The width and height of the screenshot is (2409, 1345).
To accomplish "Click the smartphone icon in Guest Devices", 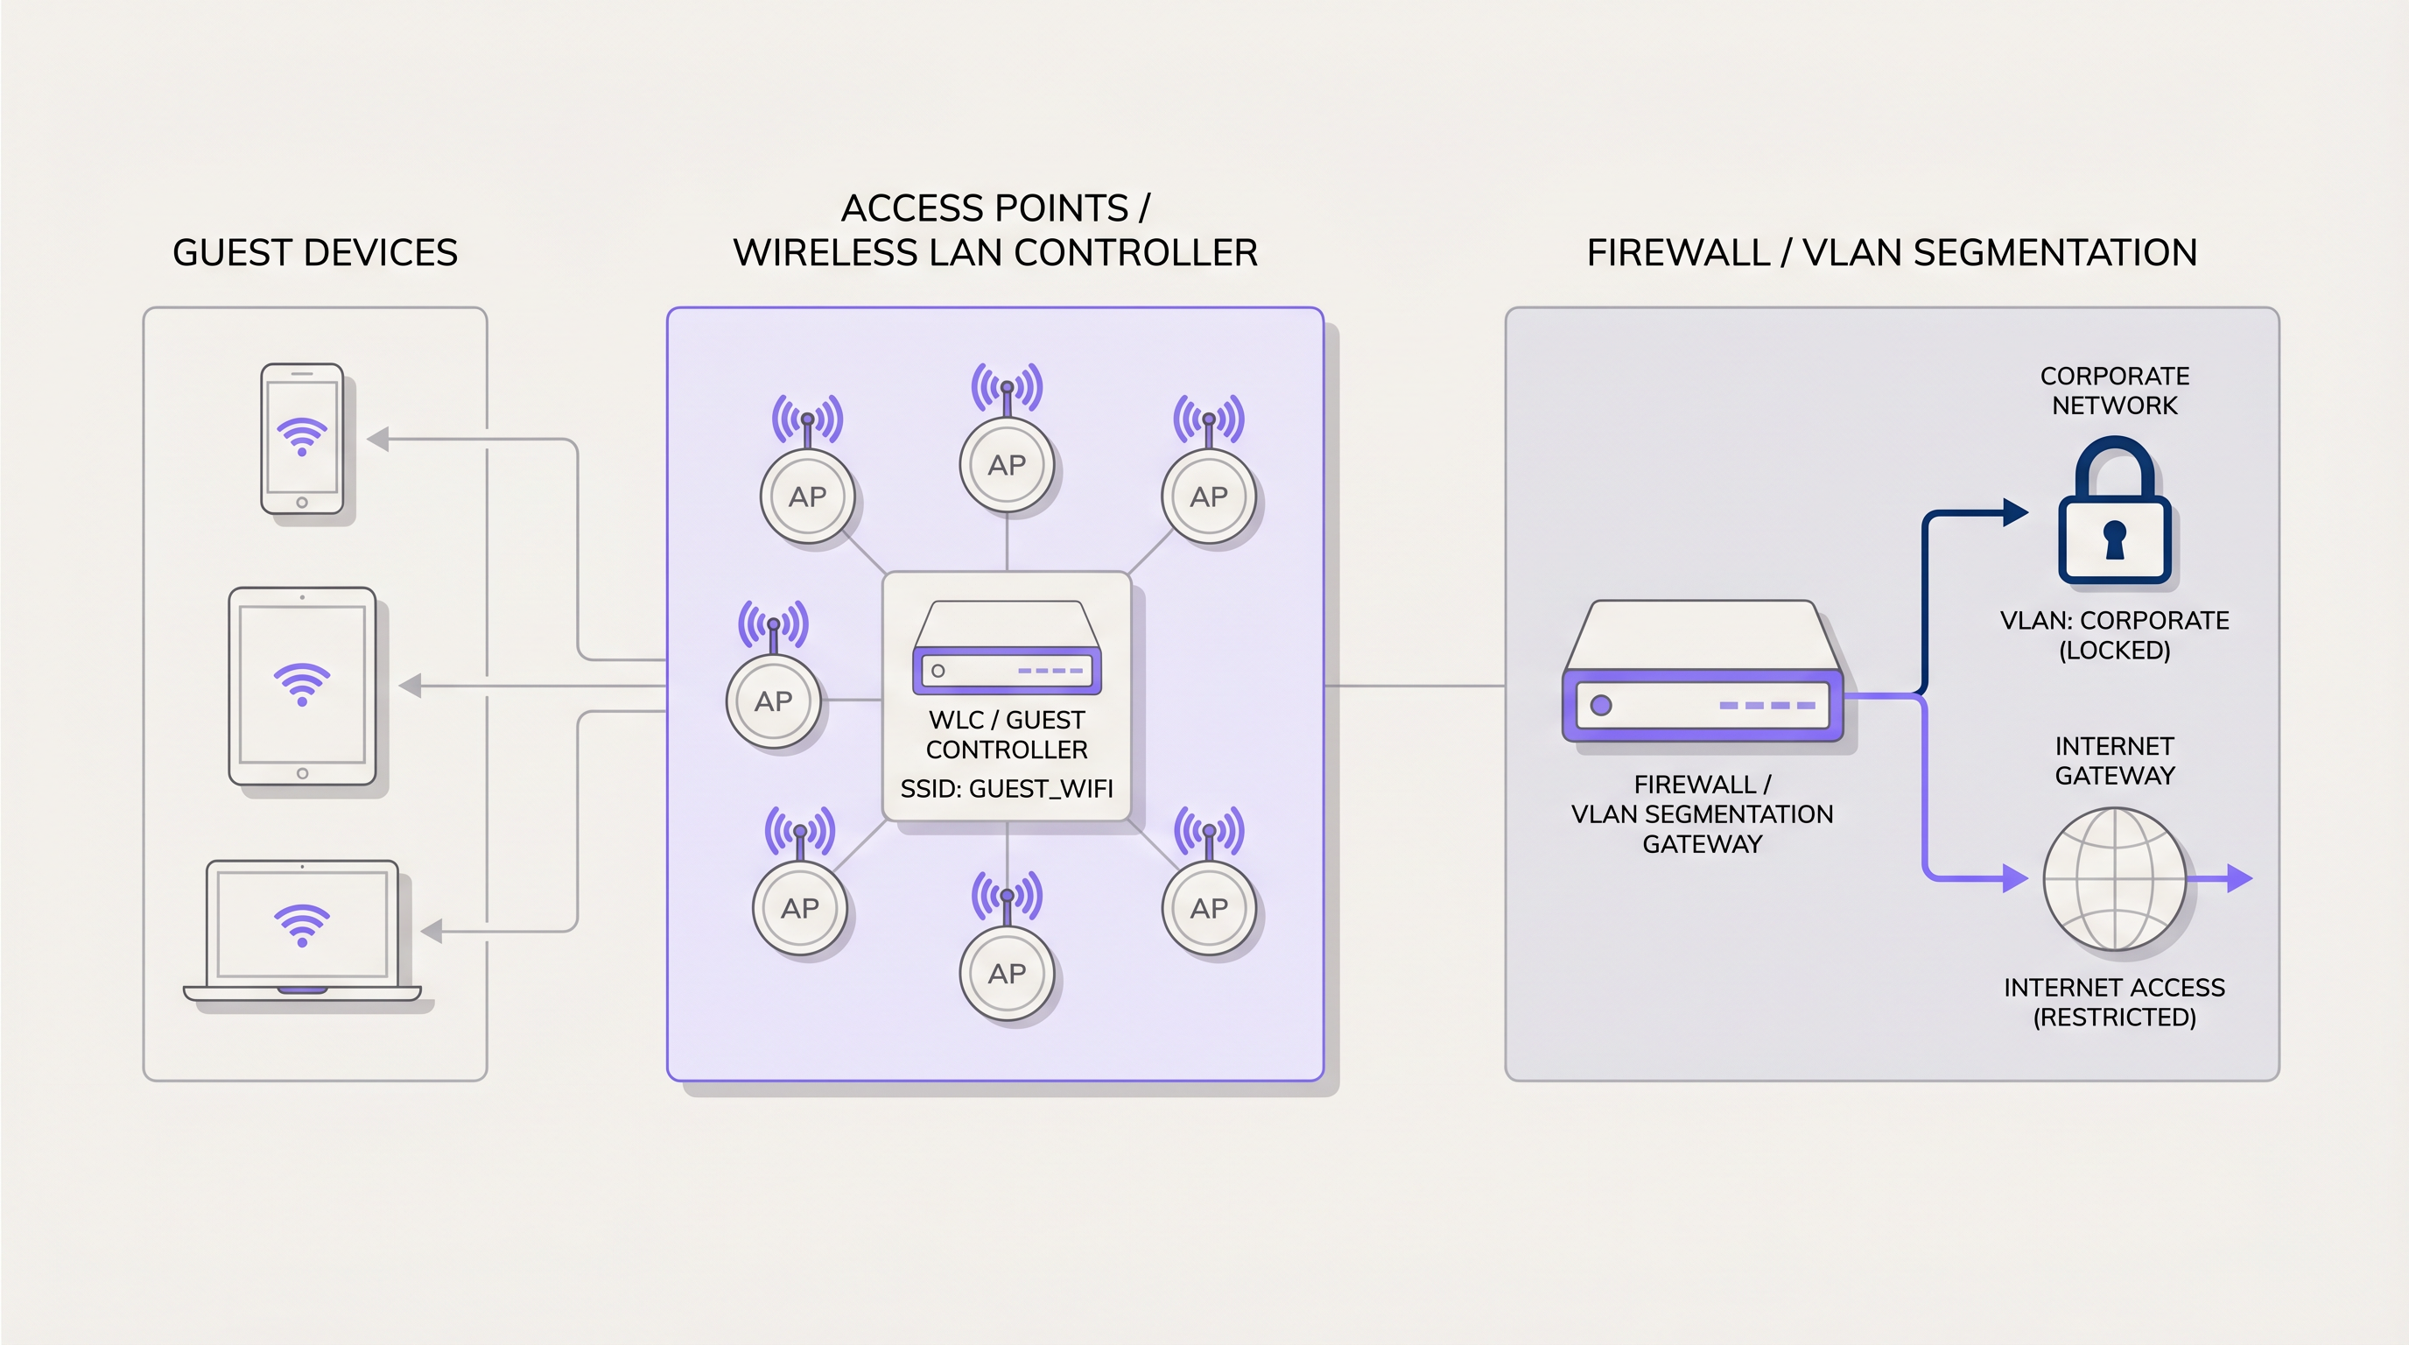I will point(301,439).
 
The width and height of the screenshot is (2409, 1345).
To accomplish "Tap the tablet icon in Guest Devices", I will point(302,686).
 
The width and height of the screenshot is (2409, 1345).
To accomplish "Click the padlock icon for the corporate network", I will point(2113,514).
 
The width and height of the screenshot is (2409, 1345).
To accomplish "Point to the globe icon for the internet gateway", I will point(2113,878).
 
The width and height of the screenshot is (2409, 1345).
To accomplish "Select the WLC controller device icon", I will point(1007,647).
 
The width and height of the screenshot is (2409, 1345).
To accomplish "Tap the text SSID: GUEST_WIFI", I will point(1007,788).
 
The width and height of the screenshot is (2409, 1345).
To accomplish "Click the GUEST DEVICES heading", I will point(315,252).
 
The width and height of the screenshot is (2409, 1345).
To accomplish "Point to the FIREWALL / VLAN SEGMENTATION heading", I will point(1891,252).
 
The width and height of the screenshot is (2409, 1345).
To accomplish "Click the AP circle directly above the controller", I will point(1007,465).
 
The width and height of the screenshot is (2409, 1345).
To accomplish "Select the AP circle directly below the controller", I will point(1007,974).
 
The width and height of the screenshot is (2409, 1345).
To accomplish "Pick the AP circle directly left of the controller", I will point(774,701).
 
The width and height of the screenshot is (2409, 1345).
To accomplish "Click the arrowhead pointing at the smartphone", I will point(379,439).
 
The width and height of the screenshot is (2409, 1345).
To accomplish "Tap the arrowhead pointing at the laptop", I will point(432,931).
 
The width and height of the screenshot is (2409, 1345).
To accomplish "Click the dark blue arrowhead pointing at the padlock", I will point(2014,512).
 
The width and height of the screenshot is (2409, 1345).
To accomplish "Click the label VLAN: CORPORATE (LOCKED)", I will point(2113,635).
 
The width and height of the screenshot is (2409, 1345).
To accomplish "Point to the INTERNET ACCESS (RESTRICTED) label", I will point(2113,1002).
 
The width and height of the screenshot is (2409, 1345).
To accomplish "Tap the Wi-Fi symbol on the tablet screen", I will point(301,684).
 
